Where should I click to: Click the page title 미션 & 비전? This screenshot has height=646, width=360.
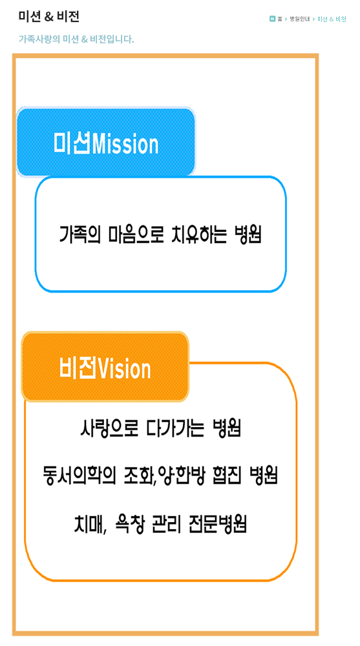pos(48,17)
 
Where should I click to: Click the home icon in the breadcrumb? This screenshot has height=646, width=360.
pos(272,19)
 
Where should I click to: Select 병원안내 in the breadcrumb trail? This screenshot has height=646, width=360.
pos(299,19)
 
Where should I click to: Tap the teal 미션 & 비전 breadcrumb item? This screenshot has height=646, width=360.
pos(332,19)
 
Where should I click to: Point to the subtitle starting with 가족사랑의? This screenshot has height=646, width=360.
pos(76,39)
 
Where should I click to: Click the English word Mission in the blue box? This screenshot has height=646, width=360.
pos(125,144)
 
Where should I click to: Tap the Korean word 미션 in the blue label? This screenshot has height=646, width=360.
pos(72,144)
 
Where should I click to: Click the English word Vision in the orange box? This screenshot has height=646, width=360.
pos(123,368)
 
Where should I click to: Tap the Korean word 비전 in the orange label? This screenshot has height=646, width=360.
pos(78,368)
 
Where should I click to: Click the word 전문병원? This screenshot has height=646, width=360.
pos(217,524)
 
